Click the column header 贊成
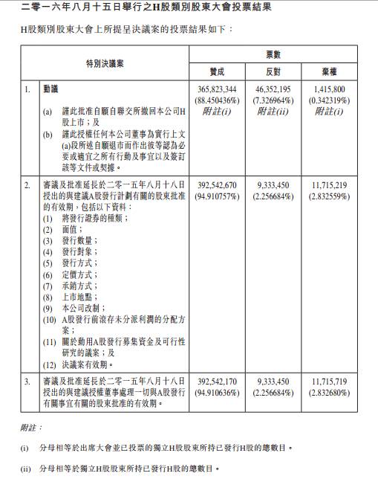[217, 72]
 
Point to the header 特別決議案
[105, 64]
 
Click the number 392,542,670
[217, 184]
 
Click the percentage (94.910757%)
[217, 196]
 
